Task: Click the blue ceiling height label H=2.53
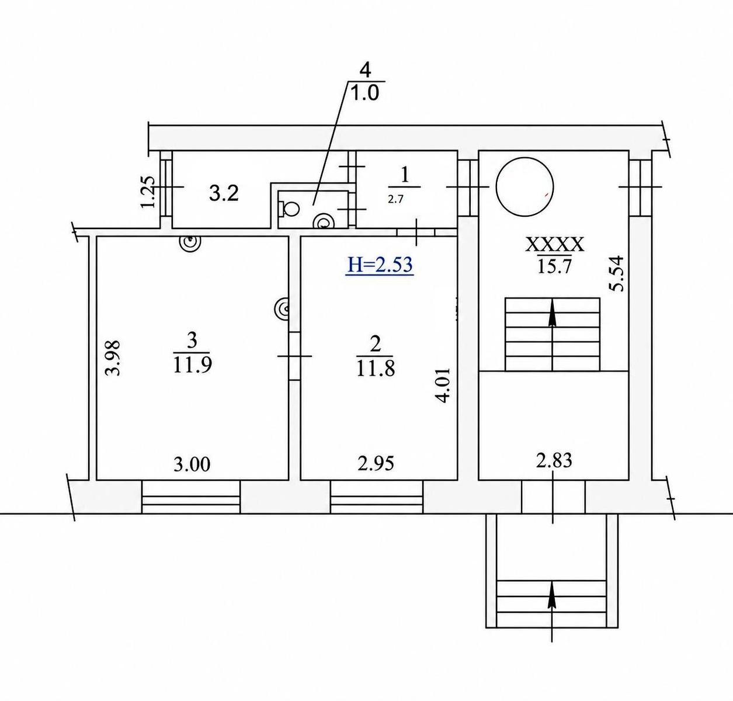(x=379, y=265)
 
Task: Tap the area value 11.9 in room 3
(x=193, y=365)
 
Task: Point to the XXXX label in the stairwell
(x=554, y=245)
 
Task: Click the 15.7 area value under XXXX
(x=555, y=267)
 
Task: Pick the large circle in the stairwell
(x=524, y=187)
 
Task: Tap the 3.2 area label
(x=224, y=194)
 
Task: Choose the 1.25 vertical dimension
(x=148, y=192)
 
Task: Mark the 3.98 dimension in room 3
(x=113, y=358)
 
